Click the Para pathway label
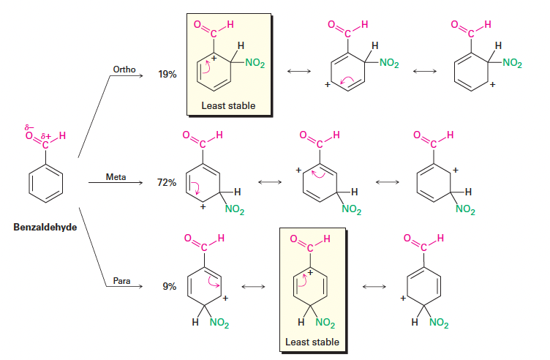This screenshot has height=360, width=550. coord(121,281)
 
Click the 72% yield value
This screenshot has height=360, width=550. coord(167,182)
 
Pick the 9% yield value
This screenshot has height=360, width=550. coord(169,287)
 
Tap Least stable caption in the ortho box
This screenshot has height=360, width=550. coord(228,106)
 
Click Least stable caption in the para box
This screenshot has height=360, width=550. coord(312,342)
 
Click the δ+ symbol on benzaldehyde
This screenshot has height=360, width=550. coord(48,135)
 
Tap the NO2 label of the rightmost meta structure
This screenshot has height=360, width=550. coord(464,211)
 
